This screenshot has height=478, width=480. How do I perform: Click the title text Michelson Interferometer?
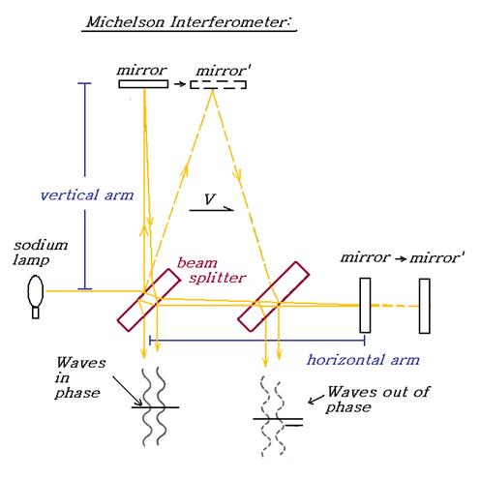coord(189,22)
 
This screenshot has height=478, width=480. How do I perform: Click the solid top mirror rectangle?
coord(143,84)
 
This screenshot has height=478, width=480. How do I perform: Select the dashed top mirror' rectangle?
coord(218,84)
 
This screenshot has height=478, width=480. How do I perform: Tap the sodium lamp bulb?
coord(36,291)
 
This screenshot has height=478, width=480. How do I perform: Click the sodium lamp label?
coord(41,253)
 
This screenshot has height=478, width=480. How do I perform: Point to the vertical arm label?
coord(87,195)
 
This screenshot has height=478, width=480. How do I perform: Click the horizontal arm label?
coord(363,360)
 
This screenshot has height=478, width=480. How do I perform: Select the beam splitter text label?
coord(212,270)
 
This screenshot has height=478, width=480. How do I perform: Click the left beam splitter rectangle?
coord(149,300)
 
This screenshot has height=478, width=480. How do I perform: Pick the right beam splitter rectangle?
coord(274,296)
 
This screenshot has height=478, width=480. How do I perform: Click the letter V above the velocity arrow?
coord(210,199)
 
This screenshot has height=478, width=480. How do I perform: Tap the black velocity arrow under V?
coord(211,210)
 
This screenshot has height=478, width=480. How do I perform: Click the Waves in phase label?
coord(80,377)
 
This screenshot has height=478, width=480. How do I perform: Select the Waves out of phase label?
coord(378,400)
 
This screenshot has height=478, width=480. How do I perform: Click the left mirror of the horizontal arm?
coord(365,305)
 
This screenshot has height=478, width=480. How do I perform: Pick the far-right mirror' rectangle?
coord(425,306)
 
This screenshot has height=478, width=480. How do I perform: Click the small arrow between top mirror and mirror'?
coord(180,84)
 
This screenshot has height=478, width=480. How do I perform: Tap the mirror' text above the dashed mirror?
coord(224,71)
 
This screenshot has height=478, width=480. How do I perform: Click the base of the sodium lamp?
coord(36,314)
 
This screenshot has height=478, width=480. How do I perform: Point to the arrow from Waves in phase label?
coord(128,391)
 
